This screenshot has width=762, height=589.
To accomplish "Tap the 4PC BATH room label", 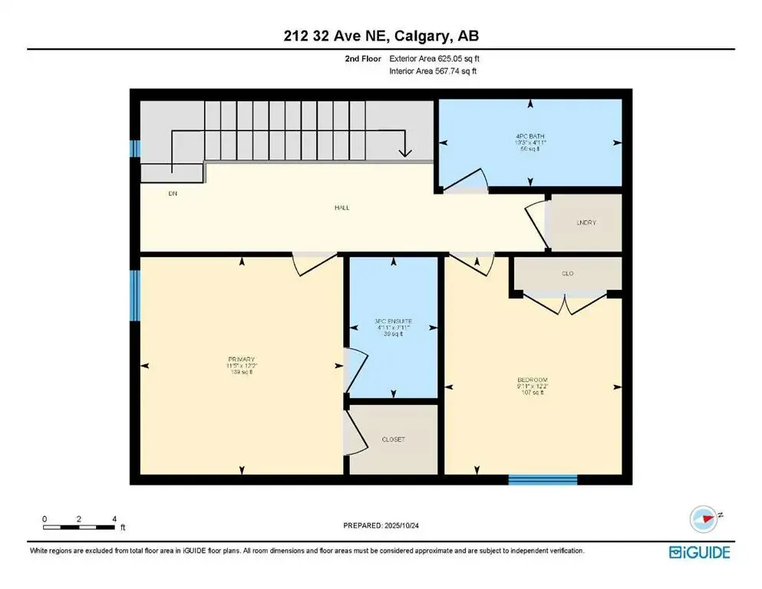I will click(530, 136).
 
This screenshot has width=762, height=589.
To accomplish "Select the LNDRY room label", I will click(586, 223).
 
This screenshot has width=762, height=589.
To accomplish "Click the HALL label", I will click(342, 207).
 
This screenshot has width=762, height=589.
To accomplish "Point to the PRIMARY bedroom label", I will click(241, 359).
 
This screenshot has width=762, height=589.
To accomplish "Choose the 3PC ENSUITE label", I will click(391, 322).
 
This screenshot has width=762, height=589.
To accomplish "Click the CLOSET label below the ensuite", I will click(393, 439).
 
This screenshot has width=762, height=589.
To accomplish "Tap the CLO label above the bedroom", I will click(568, 273).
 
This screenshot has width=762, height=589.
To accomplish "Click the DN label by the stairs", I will click(173, 194).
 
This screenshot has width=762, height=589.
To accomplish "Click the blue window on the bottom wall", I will click(543, 480).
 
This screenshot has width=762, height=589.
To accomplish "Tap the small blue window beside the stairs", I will click(134, 148).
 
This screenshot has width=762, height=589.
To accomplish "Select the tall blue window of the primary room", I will click(135, 294).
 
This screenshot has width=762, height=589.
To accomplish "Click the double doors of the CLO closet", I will click(565, 304).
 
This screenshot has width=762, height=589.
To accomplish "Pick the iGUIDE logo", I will click(698, 552).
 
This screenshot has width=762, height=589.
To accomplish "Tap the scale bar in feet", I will click(80, 526).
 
